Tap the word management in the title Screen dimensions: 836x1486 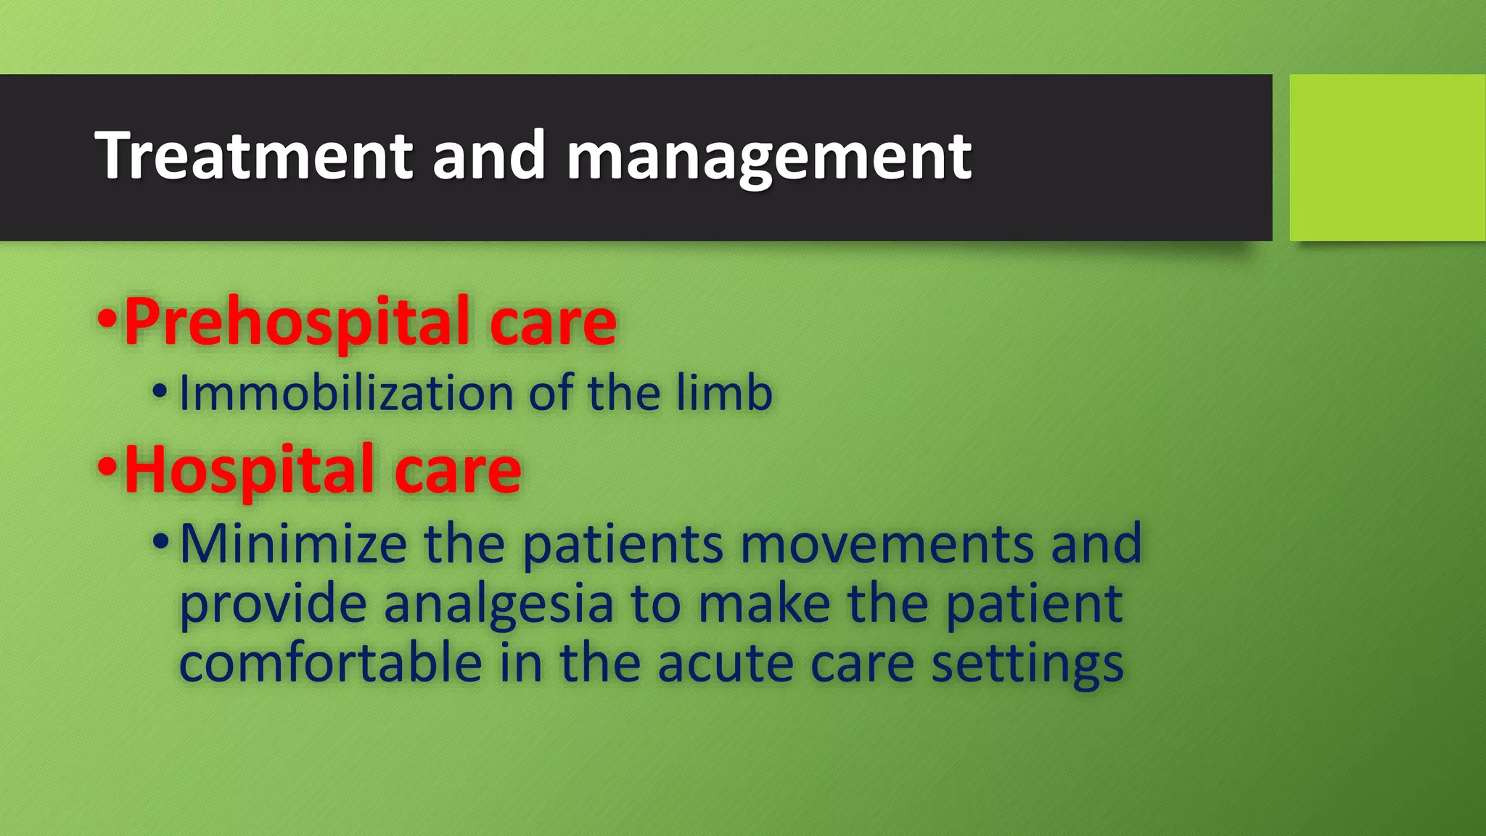(768, 157)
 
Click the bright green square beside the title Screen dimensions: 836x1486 (1387, 157)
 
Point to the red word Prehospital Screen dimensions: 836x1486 (297, 323)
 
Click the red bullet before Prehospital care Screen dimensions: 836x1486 (107, 319)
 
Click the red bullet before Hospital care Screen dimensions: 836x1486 (107, 467)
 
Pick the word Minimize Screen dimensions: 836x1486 (293, 544)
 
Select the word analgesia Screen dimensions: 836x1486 (498, 604)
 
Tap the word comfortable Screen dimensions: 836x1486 (330, 663)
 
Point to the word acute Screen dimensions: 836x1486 (725, 663)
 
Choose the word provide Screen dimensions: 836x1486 (273, 605)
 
